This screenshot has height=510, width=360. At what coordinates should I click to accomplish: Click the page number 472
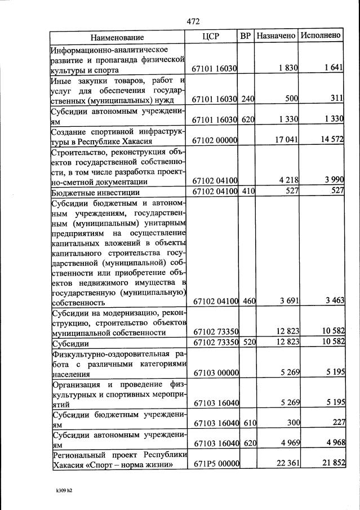click(193, 21)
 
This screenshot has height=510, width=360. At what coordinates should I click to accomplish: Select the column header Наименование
click(117, 37)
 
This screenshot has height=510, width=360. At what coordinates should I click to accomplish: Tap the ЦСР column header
click(210, 36)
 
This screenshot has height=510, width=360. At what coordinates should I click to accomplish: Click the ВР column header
click(246, 36)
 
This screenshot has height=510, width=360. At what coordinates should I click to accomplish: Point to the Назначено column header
click(276, 36)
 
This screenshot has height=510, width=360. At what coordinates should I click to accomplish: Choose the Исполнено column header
click(321, 36)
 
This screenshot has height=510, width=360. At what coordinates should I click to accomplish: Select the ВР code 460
click(248, 301)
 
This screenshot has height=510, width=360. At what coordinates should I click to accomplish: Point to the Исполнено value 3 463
click(334, 301)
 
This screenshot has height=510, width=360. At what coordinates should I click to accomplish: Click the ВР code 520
click(248, 343)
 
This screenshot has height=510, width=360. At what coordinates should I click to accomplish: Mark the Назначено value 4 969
click(288, 444)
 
